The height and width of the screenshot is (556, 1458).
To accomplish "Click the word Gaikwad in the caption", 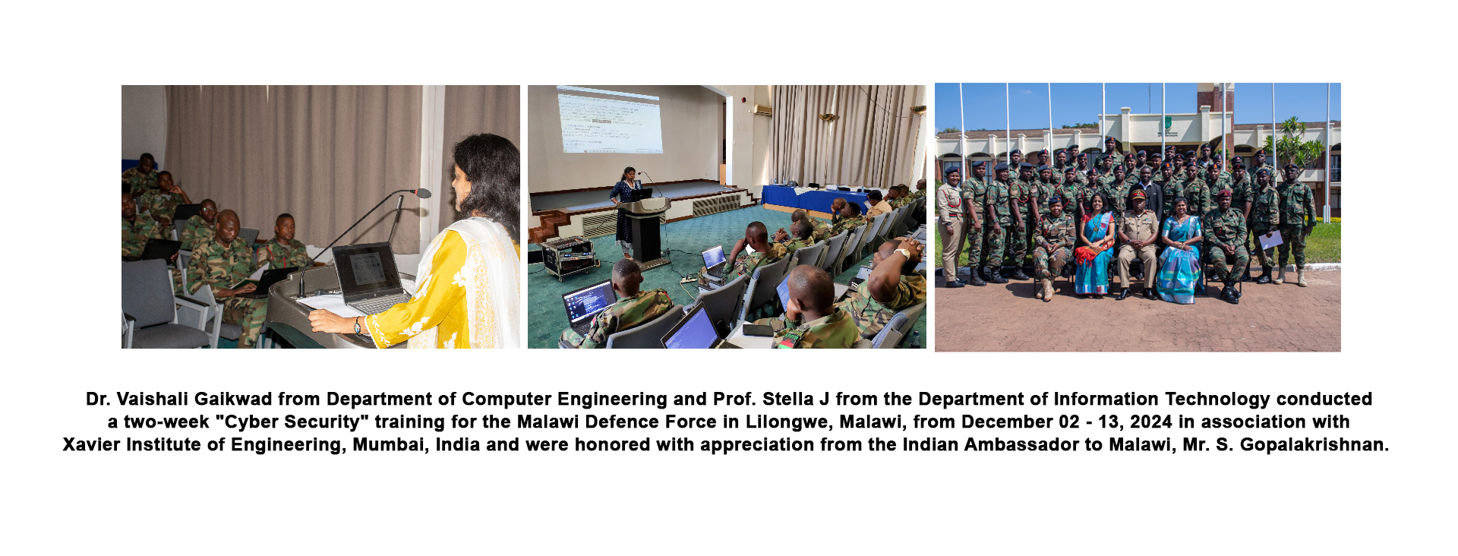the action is point(237,399).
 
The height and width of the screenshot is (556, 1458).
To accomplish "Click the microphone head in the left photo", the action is point(422,193).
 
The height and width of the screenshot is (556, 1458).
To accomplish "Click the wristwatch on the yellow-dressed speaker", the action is point(357,325).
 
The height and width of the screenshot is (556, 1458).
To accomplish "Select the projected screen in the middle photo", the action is point(609,119).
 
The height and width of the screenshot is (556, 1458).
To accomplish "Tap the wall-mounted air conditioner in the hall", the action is point(762,111).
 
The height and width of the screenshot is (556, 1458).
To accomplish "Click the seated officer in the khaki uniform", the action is point(1137,243).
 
